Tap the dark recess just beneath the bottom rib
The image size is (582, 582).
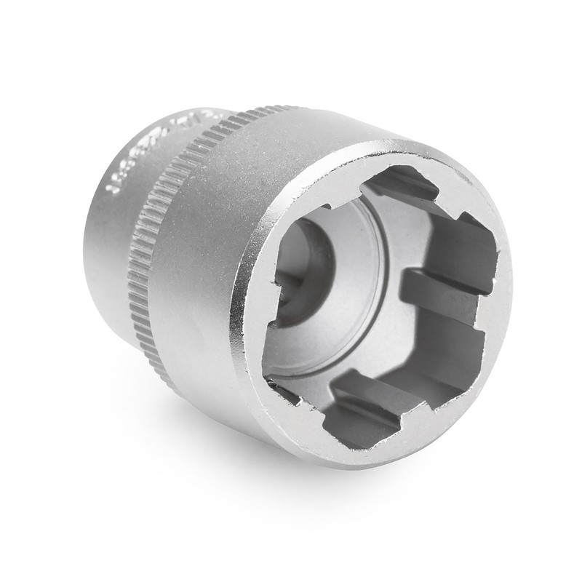point(356,422)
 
